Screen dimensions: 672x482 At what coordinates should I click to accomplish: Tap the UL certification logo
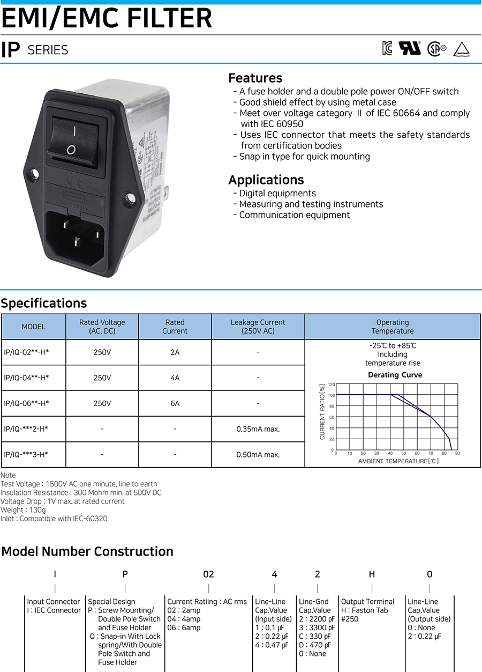410,48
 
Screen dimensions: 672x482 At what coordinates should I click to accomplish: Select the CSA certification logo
436,49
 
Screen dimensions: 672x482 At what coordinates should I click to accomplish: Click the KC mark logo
387,48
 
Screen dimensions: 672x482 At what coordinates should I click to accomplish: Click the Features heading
255,78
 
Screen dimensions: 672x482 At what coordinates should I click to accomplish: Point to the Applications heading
266,180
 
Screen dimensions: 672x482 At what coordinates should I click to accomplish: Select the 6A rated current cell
175,403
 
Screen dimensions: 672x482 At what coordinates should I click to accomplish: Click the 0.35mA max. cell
258,429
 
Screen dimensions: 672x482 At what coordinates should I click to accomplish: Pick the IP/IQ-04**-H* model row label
26,378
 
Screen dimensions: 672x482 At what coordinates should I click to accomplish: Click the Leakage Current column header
258,327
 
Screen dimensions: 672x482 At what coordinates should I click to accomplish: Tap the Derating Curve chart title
395,375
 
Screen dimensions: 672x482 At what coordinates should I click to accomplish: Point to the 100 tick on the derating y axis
332,395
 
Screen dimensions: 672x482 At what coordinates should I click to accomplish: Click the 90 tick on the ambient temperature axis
458,454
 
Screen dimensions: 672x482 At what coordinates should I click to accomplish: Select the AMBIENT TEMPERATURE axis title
398,461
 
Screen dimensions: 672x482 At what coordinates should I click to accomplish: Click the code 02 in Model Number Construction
208,574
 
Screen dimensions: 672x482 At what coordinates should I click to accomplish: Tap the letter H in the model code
372,574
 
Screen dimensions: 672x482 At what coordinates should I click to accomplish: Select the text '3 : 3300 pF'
317,627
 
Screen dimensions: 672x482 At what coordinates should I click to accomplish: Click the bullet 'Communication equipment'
294,215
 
